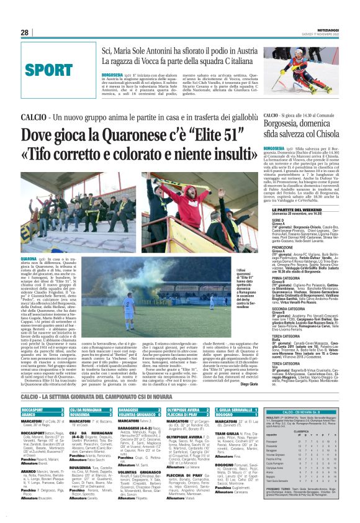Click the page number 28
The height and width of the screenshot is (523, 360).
pyautogui.click(x=24, y=32)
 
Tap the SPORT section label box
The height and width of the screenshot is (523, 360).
pyautogui.click(x=49, y=69)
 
